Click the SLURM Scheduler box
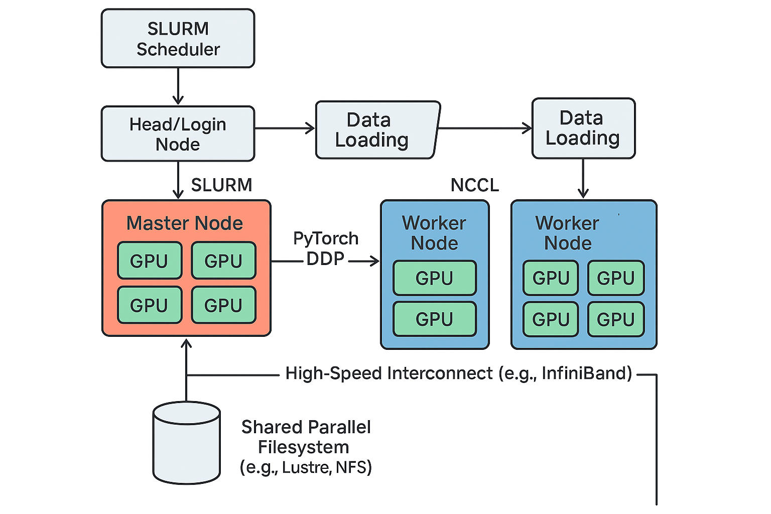coord(178,38)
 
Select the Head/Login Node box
coord(178,134)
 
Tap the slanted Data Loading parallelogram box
coord(378,130)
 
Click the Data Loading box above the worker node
coord(583,128)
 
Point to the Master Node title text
coord(185,223)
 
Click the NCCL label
coord(475,185)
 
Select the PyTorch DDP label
coord(326,248)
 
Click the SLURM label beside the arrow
coord(222,185)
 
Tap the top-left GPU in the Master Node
coord(150,261)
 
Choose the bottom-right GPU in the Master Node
coord(224,305)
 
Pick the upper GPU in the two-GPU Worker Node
coord(435,278)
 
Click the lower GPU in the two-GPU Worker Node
coord(435,319)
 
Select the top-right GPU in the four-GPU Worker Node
coord(616,278)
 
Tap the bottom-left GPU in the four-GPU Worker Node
coord(551,319)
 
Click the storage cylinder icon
coord(187,443)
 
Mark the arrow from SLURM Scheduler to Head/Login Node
coord(178,86)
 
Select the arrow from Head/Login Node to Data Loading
coord(285,128)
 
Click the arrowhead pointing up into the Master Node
coord(186,343)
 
